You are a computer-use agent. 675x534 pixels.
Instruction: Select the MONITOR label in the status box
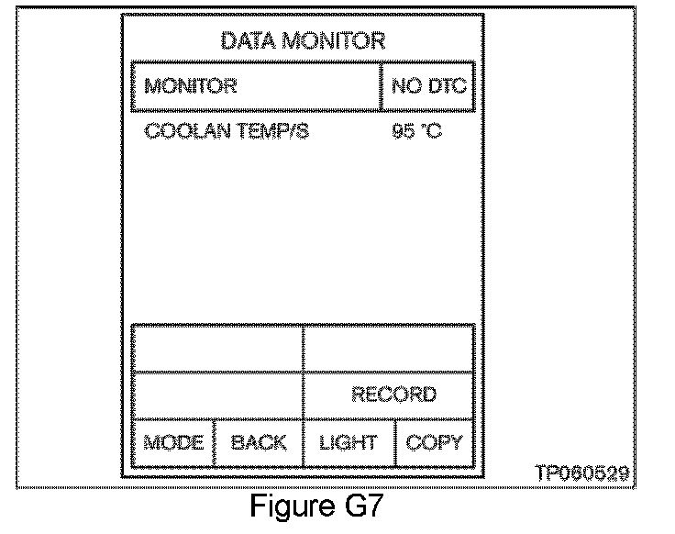[191, 87]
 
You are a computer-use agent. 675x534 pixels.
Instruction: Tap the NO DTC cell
[428, 87]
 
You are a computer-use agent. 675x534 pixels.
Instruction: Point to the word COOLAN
[181, 132]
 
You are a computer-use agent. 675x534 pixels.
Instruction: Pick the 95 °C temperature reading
[416, 132]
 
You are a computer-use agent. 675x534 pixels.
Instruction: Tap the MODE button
[172, 443]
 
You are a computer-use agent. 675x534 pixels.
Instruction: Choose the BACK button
[258, 443]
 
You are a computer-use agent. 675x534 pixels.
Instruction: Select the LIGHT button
[348, 443]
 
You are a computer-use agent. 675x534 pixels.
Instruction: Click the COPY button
[434, 443]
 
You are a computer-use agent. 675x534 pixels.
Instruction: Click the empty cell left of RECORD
[217, 395]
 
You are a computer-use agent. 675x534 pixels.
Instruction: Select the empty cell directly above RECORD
[388, 349]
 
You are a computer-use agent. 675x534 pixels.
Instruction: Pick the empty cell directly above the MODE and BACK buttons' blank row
[217, 349]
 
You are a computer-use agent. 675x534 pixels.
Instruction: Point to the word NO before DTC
[404, 87]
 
